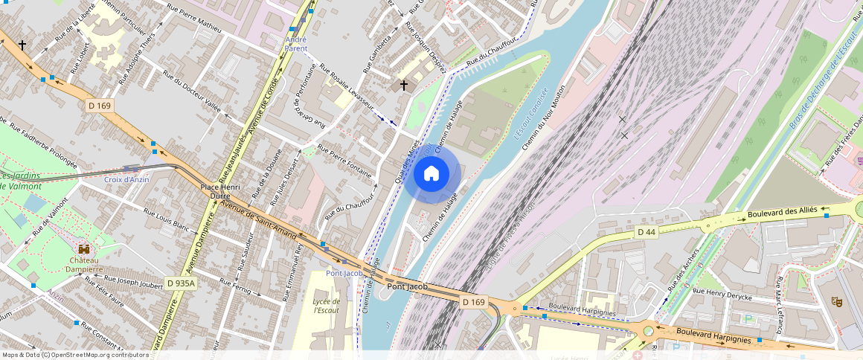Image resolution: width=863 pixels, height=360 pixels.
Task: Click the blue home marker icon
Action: coord(431,174)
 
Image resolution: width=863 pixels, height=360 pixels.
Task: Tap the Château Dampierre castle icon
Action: coord(84,249)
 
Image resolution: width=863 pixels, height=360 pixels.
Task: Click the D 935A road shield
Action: coord(181,283)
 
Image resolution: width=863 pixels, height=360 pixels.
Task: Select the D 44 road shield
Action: coord(647,233)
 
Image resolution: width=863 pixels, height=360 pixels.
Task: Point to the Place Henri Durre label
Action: coord(220,192)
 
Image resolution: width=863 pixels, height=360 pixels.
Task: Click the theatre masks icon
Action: coord(837,301)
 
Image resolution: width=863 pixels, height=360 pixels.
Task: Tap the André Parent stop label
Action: coord(296,44)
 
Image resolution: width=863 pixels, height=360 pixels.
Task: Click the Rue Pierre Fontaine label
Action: coord(344,160)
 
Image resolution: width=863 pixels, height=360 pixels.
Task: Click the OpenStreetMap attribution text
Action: coord(75,355)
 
